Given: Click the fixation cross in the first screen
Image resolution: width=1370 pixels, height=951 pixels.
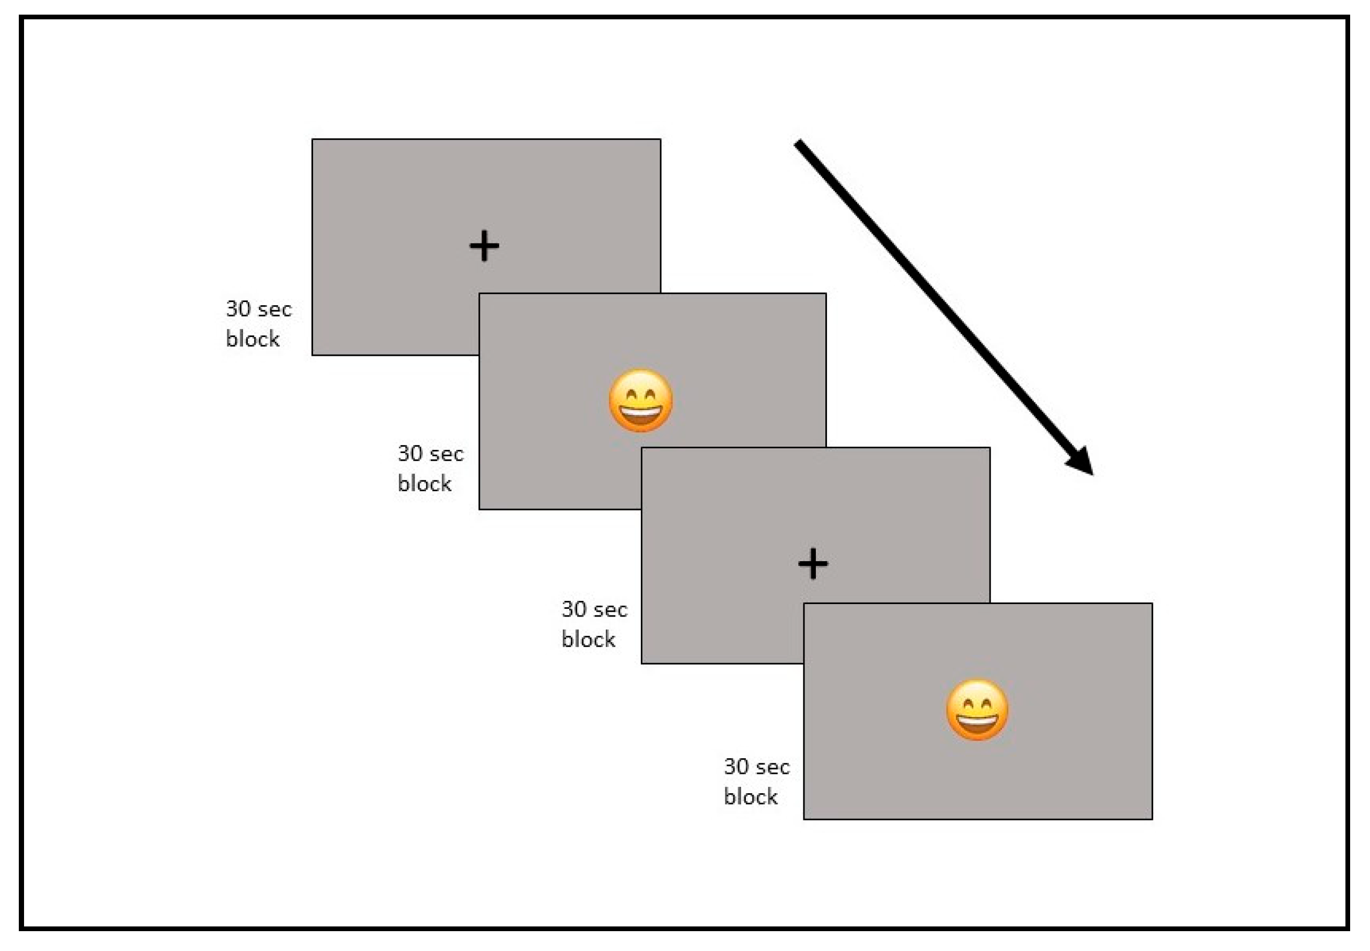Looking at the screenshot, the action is (x=484, y=246).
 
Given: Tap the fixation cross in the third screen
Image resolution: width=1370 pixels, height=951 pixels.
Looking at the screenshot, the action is (x=813, y=564).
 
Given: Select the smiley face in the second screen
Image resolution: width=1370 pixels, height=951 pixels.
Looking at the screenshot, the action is (x=641, y=400).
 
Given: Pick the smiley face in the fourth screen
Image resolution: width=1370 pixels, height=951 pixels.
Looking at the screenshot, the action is (x=977, y=710).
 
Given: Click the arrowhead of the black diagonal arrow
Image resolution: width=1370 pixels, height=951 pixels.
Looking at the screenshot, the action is (x=1081, y=463).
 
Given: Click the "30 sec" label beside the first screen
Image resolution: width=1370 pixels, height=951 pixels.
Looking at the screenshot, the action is (x=259, y=309).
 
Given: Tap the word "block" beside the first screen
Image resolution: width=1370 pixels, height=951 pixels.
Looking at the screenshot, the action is (x=252, y=339).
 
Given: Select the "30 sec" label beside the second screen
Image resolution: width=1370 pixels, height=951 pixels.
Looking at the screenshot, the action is (x=430, y=454).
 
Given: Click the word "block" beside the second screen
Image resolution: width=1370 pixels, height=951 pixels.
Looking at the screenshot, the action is (x=424, y=483).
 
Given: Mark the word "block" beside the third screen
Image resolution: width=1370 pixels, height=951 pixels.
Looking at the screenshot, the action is (x=588, y=640).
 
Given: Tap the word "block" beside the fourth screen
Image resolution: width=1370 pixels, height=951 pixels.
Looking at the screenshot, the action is (x=751, y=797).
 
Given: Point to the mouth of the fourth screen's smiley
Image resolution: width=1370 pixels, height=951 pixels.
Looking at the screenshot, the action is (x=977, y=722).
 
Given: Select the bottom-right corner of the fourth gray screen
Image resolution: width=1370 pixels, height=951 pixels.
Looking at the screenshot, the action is (x=1152, y=819).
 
